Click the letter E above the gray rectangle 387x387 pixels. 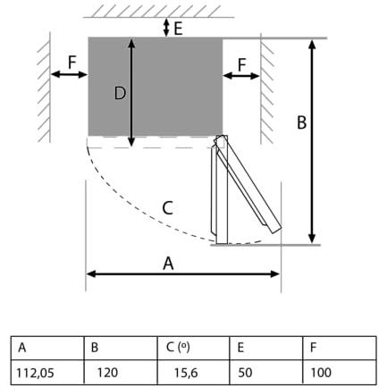coord(178,29)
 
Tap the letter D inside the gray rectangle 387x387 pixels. coord(120,93)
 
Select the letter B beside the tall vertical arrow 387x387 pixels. coord(301,122)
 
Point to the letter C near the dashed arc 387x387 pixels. coord(168,208)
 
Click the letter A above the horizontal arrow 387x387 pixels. coord(168,264)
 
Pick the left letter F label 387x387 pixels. coord(72,63)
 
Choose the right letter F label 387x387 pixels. coord(242,64)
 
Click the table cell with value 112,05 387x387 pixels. coord(47,372)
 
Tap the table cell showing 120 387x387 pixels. coord(121,372)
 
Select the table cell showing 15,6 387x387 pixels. coord(193,372)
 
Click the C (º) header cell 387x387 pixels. coord(193,349)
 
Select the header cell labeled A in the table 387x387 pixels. coord(47,349)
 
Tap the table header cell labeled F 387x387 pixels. coord(340,349)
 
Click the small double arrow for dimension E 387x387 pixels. coord(166,28)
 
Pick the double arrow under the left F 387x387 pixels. coord(69,74)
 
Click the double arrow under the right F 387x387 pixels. coord(241,76)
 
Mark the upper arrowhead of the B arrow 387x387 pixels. coord(312,44)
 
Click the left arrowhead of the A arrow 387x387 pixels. coord(91,273)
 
